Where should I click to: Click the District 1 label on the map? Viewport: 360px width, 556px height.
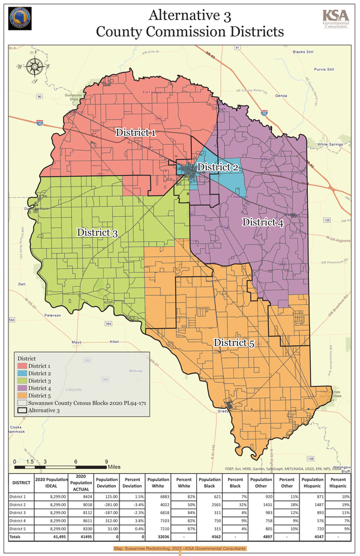coord(136,132)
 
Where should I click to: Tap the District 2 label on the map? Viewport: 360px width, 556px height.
coord(218,166)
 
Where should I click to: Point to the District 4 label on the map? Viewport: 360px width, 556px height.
coord(262,222)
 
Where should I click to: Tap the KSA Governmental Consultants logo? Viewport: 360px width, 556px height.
coord(335,19)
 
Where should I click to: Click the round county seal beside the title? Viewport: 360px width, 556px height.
coord(20,19)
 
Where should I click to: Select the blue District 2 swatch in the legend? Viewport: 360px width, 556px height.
coord(22,373)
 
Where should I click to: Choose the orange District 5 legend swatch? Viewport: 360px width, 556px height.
coord(22,395)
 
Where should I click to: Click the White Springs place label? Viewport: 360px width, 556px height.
coord(329,145)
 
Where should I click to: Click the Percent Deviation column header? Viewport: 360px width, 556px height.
coord(133,483)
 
